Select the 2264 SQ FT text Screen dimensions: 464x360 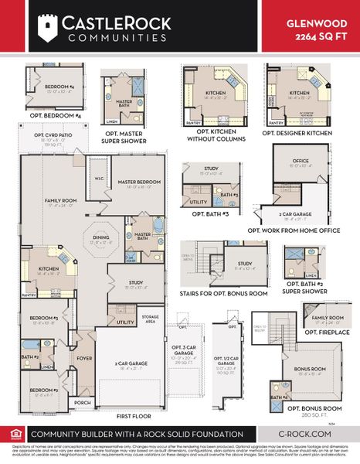322,36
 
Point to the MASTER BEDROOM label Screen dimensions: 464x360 138,183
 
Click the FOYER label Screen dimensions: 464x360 84,357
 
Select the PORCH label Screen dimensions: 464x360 82,402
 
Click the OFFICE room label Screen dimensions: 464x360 300,161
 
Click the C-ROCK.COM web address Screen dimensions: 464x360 306,435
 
